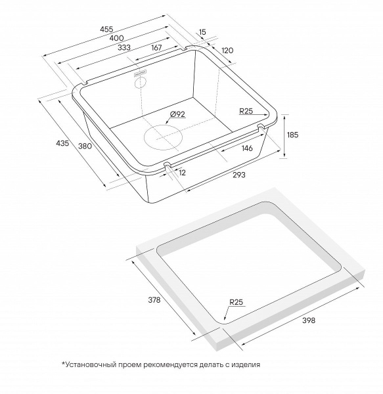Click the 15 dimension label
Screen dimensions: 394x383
tap(202, 31)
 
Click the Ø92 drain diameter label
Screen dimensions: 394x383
tap(178, 114)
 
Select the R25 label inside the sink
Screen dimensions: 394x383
tap(246, 110)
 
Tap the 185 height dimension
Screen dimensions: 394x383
tap(292, 135)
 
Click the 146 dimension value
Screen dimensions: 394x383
tap(247, 148)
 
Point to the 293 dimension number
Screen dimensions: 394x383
tap(238, 175)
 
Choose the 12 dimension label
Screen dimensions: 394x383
tap(182, 172)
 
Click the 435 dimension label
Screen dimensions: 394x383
tap(62, 143)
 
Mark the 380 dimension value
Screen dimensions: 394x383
tap(84, 146)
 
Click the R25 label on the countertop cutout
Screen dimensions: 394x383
tap(237, 302)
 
